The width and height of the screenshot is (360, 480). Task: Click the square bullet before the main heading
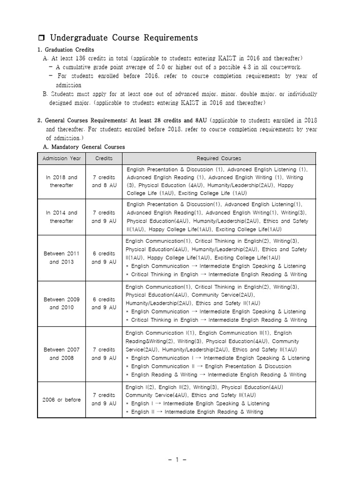[41, 38]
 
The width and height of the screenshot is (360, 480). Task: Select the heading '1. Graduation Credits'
[66, 50]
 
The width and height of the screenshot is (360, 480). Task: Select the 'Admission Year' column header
[61, 158]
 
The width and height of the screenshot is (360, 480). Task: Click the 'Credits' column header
[104, 158]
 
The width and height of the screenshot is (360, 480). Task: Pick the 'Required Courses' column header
[219, 158]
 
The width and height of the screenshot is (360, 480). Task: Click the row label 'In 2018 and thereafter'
[61, 181]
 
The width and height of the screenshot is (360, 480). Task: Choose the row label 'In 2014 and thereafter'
[61, 217]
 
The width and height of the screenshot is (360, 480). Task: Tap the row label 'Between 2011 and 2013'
[61, 258]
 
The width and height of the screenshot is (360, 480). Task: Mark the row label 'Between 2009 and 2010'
[61, 303]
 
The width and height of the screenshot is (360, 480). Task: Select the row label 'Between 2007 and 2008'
[61, 354]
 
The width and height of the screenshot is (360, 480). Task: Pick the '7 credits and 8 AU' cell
[104, 181]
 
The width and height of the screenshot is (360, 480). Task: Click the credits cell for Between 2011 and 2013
[104, 258]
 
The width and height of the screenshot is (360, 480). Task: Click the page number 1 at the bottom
[178, 459]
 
